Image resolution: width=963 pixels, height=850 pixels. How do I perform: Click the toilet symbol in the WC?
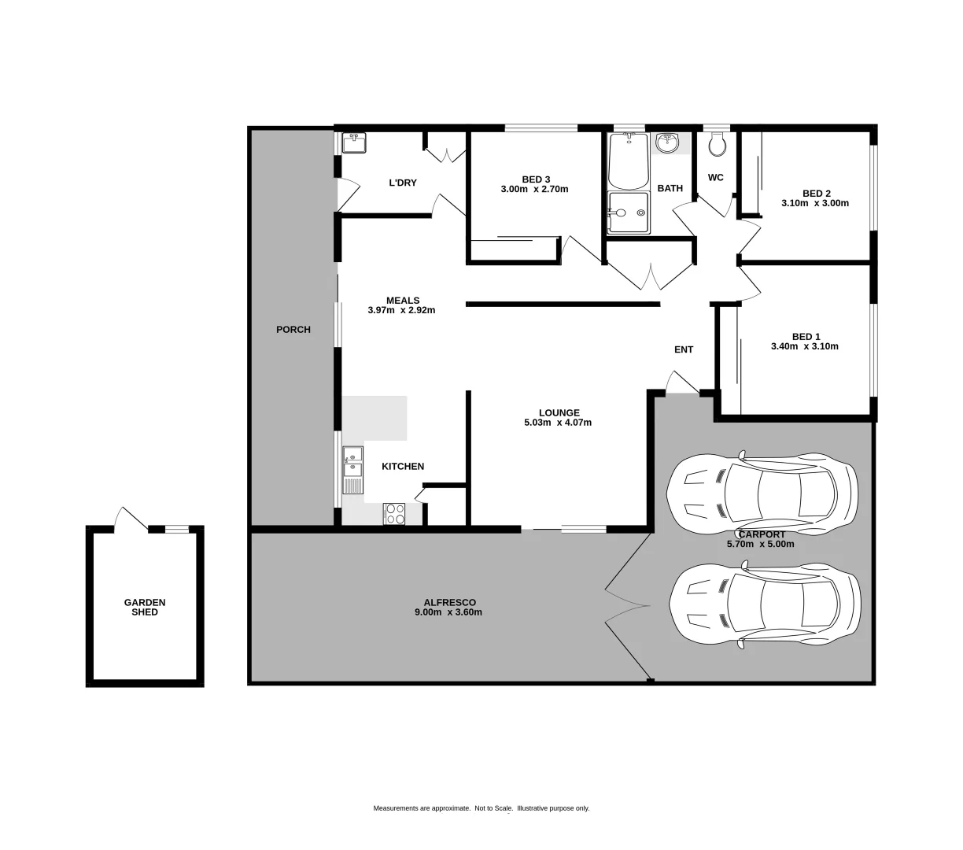click(x=716, y=144)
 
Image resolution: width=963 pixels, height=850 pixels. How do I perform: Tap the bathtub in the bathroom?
click(x=629, y=161)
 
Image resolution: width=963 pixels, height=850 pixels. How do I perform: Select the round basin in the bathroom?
click(x=668, y=142)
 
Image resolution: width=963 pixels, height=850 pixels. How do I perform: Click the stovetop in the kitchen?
click(x=394, y=514)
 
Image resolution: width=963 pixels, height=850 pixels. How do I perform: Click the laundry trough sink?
click(x=354, y=143)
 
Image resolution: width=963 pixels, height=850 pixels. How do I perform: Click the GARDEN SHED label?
click(x=145, y=607)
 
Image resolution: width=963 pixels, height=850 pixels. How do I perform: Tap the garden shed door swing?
click(x=130, y=519)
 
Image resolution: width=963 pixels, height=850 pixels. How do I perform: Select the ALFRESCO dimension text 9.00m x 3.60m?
click(x=448, y=612)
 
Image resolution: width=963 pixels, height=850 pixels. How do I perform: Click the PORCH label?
click(x=293, y=330)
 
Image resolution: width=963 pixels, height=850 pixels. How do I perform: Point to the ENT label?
click(x=684, y=349)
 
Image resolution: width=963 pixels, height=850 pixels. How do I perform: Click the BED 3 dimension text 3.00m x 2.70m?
click(x=534, y=189)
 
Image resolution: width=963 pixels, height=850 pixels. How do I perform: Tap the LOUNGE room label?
click(x=559, y=412)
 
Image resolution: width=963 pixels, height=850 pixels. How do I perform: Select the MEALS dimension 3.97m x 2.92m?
click(x=401, y=310)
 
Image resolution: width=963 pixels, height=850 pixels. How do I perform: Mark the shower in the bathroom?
click(x=629, y=213)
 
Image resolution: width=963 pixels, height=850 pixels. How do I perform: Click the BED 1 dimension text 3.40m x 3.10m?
click(x=805, y=346)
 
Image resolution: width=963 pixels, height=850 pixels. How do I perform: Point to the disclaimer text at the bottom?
click(x=481, y=808)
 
